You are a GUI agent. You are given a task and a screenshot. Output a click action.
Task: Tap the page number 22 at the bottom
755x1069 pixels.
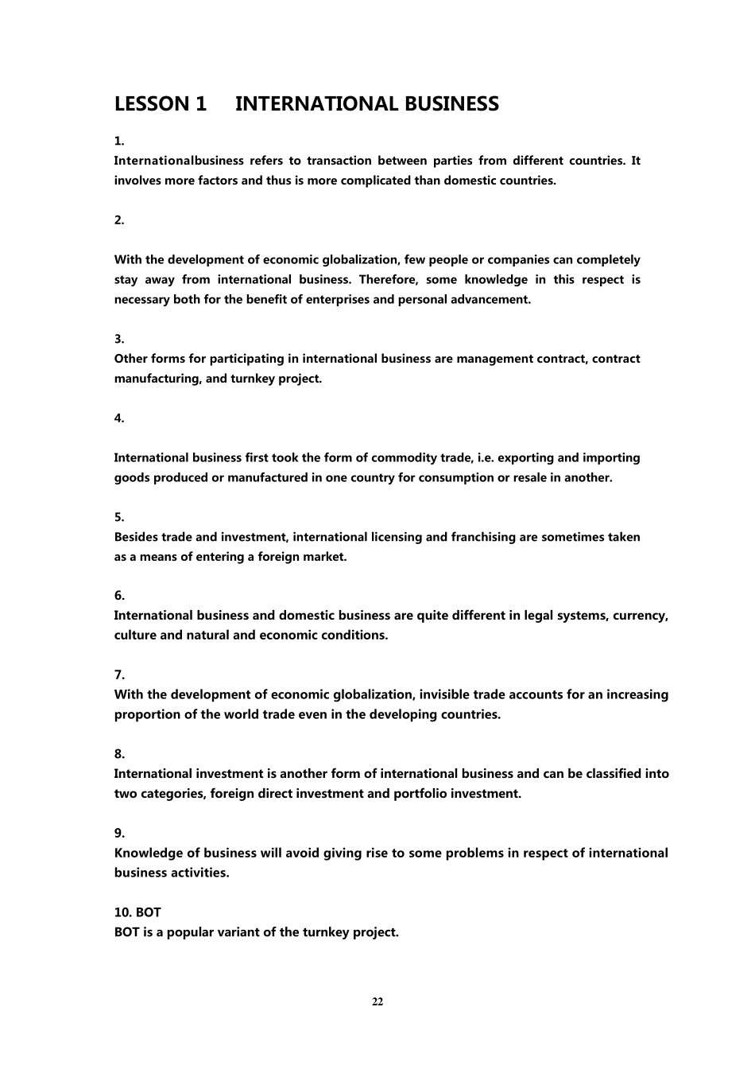click(x=377, y=1001)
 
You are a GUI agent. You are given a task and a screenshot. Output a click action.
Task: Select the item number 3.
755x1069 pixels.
click(x=119, y=339)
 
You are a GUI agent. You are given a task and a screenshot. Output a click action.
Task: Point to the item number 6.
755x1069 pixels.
click(x=119, y=596)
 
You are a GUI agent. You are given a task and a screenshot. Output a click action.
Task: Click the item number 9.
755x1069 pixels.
click(x=119, y=834)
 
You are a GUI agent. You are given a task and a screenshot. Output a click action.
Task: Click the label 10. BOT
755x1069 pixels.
click(x=137, y=912)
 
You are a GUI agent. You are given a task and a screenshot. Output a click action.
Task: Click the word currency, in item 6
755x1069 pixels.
click(x=641, y=616)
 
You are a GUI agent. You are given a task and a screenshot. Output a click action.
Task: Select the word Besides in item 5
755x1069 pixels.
click(x=136, y=537)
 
